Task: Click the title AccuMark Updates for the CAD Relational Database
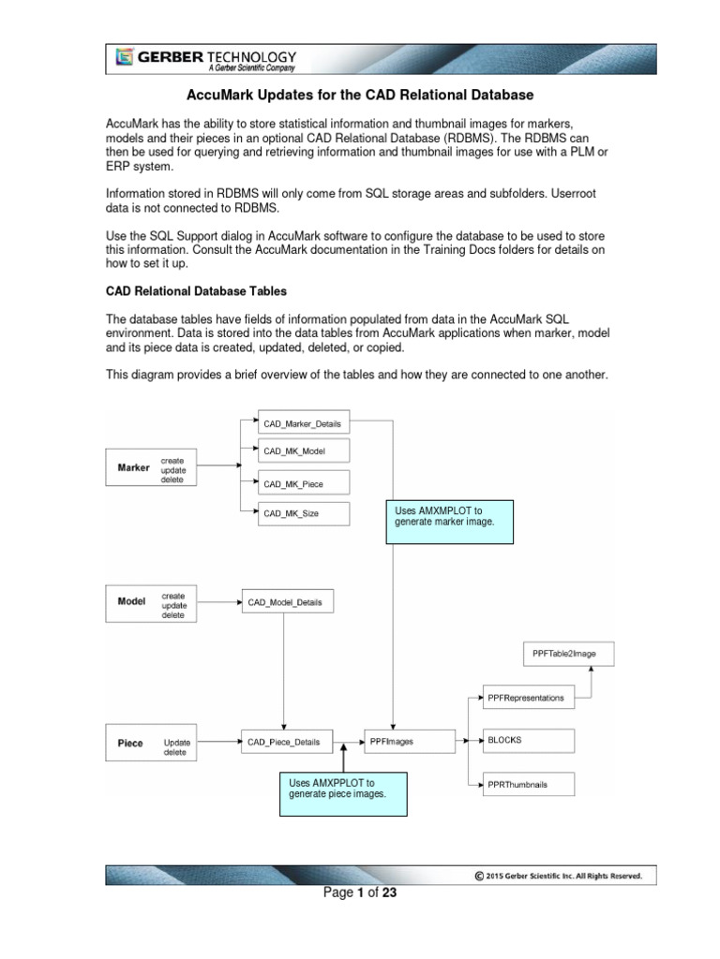click(361, 96)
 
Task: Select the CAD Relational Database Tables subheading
click(196, 290)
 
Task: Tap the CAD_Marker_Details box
click(302, 424)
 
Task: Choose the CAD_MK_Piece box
click(292, 483)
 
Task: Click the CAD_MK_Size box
click(291, 513)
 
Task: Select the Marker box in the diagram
click(133, 467)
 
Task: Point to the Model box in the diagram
click(131, 602)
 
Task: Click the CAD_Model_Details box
click(286, 602)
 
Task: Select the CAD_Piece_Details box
click(284, 742)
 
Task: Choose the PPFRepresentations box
click(528, 698)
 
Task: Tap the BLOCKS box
click(528, 740)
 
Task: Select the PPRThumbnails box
click(528, 784)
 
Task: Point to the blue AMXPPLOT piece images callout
click(344, 789)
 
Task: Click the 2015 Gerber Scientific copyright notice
click(560, 876)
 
